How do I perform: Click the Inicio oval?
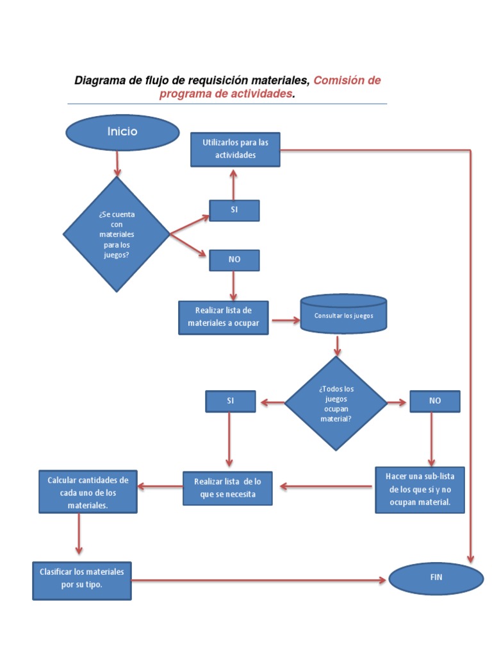[122, 132]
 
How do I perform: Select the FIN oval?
[436, 577]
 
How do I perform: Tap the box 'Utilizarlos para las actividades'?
[235, 149]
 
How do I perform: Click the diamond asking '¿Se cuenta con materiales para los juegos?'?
[117, 234]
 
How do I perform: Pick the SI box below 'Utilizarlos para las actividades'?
[234, 210]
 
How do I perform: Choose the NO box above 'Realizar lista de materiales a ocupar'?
[234, 260]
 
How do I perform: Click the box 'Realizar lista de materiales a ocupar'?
[223, 318]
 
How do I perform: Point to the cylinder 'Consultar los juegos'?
[343, 315]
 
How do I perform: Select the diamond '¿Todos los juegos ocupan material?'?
[336, 404]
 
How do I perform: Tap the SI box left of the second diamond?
[230, 401]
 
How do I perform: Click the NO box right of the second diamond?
[435, 401]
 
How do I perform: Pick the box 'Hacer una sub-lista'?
[420, 490]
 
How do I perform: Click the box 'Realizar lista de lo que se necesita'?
[227, 488]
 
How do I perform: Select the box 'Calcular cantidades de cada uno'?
[88, 492]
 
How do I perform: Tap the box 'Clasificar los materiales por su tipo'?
[82, 580]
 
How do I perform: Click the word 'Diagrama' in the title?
[97, 81]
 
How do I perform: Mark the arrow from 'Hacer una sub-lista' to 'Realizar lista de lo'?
[327, 487]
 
